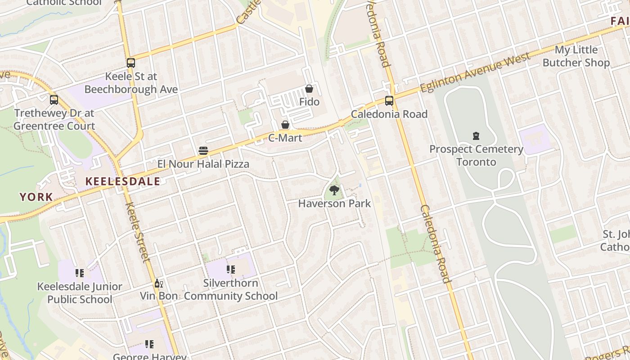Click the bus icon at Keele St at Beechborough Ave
(131, 63)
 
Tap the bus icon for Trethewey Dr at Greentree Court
(54, 100)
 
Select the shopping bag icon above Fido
(309, 89)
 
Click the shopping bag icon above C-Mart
(285, 125)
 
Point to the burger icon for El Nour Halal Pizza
(203, 151)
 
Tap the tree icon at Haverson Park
(334, 191)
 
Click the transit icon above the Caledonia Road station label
(389, 101)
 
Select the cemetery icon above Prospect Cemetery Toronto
(476, 136)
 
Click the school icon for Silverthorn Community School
(231, 270)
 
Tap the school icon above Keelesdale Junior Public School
(80, 273)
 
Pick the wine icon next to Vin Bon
(158, 283)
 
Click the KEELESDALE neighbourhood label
(123, 181)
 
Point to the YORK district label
(36, 197)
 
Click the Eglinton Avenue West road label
(470, 74)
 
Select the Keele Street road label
(137, 232)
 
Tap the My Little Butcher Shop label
(576, 56)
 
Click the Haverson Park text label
(334, 203)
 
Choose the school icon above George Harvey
(149, 345)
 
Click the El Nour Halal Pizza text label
(203, 164)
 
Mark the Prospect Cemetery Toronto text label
(476, 155)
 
